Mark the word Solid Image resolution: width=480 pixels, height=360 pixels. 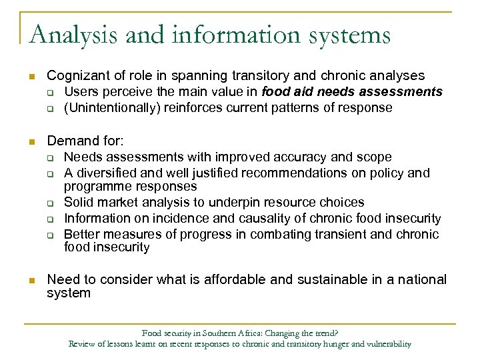click(x=80, y=202)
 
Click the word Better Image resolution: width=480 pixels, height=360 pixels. click(x=81, y=234)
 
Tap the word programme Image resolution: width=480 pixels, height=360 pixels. click(x=94, y=187)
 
